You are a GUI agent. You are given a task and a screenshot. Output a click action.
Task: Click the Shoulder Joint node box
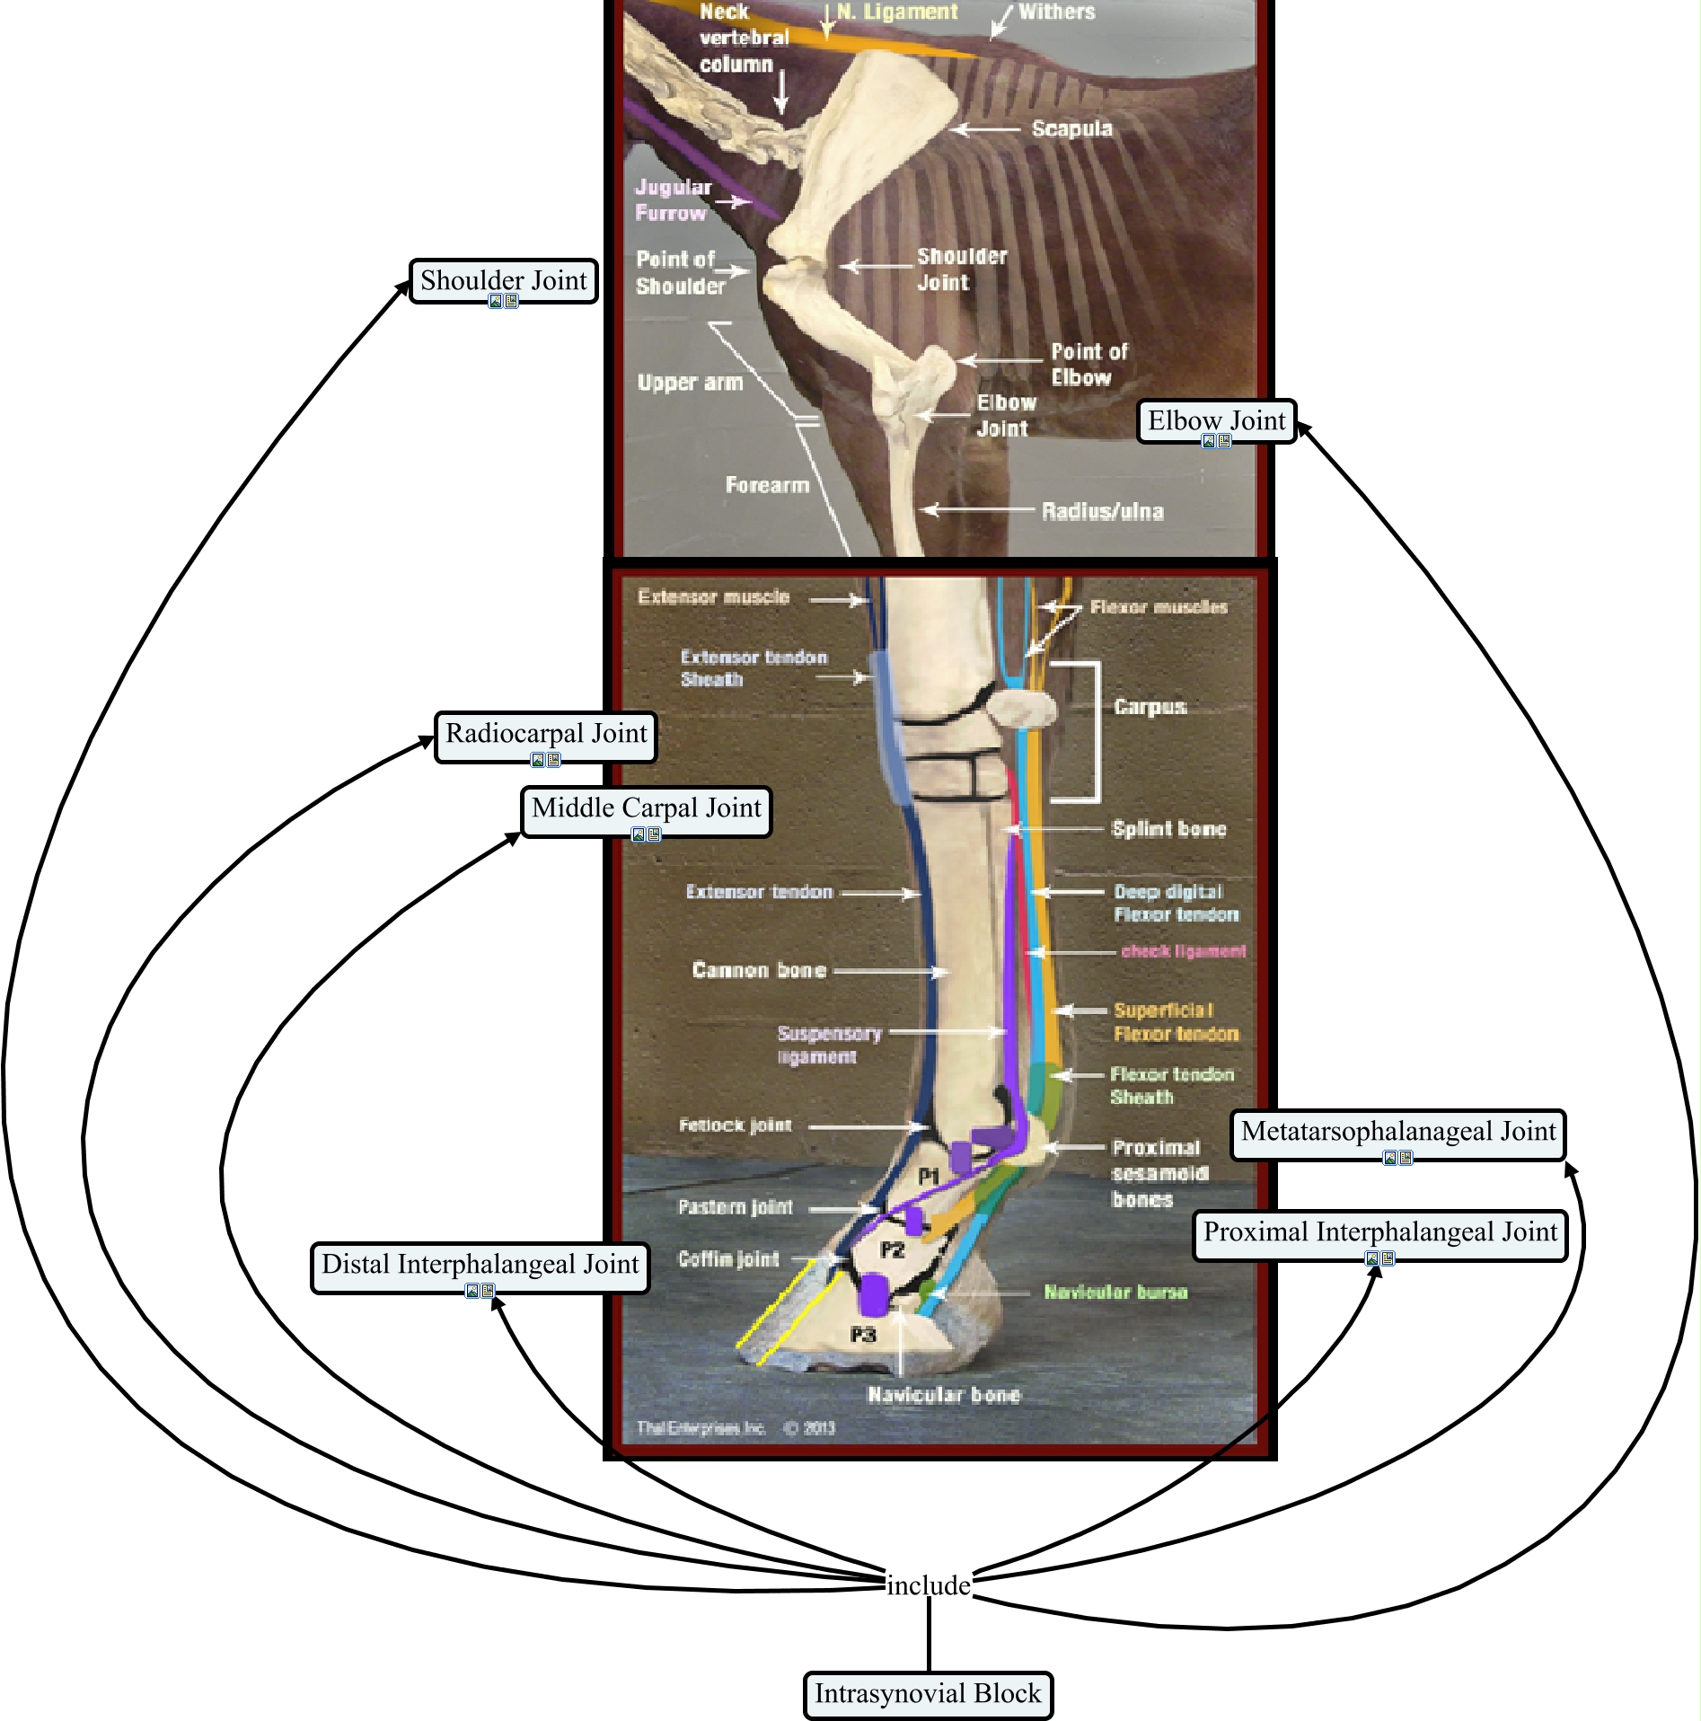(x=503, y=280)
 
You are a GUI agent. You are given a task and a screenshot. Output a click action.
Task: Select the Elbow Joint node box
(x=1216, y=420)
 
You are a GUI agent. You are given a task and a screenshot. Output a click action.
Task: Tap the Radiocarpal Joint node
(x=546, y=734)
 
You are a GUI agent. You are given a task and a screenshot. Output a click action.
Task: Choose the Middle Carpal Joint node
(x=646, y=808)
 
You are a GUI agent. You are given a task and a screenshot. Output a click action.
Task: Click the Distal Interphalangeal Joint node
(x=480, y=1265)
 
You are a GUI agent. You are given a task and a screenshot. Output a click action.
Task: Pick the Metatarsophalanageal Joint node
(x=1397, y=1132)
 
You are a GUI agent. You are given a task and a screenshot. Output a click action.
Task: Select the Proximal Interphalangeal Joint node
(x=1379, y=1232)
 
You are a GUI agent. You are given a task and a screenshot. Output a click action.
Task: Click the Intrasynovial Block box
(x=927, y=1694)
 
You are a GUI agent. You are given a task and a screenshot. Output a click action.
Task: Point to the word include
(x=928, y=1585)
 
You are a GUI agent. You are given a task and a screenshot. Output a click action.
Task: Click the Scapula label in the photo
(x=1071, y=129)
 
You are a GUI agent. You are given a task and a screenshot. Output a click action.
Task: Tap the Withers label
(x=1056, y=13)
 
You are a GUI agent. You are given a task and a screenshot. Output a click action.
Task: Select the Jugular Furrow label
(x=673, y=200)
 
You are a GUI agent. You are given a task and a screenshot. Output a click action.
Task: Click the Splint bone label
(x=1168, y=829)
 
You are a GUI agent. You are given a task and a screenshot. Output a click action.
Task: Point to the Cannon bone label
(x=759, y=970)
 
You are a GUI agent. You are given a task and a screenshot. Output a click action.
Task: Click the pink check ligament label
(x=1183, y=951)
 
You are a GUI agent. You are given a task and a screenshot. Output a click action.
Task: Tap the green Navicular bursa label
(x=1115, y=1292)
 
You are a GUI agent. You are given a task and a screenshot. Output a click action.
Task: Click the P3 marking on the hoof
(x=863, y=1335)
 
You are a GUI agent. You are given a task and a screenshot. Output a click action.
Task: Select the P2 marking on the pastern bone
(x=892, y=1249)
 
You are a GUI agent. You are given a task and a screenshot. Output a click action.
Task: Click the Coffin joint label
(x=728, y=1259)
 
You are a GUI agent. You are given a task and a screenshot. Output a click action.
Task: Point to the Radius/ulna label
(x=1102, y=512)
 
